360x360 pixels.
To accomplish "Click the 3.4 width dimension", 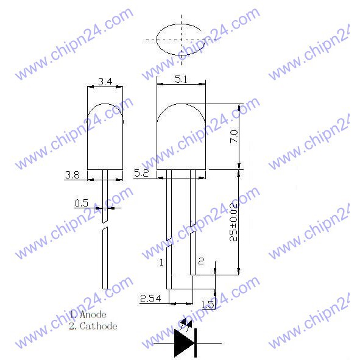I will point(105,82).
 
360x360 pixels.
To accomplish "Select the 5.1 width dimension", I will point(181,79).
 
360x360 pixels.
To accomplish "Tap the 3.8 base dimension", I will point(72,175).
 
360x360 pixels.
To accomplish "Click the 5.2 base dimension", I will point(141,174).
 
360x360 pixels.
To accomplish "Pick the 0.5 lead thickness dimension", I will point(81,203).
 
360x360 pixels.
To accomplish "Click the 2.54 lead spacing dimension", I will point(150,298).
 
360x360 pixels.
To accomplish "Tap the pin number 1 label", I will point(161,263).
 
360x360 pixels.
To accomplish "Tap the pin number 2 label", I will point(202,261).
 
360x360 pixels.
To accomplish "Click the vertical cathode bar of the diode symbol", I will point(195,344).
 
